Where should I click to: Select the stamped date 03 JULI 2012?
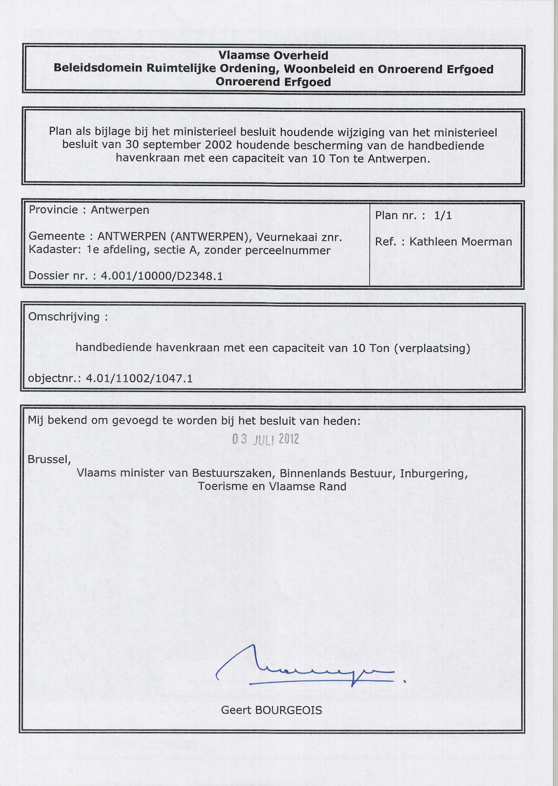click(x=266, y=439)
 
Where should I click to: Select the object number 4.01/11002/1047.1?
click(x=139, y=379)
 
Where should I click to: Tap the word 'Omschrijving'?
click(x=64, y=317)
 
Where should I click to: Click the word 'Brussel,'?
click(x=49, y=459)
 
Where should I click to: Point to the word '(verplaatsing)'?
click(x=432, y=348)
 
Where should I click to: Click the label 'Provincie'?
click(x=53, y=210)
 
